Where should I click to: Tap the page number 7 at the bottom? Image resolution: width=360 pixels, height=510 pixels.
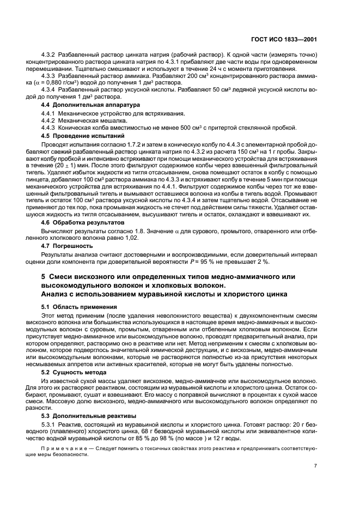[x=316, y=466]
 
